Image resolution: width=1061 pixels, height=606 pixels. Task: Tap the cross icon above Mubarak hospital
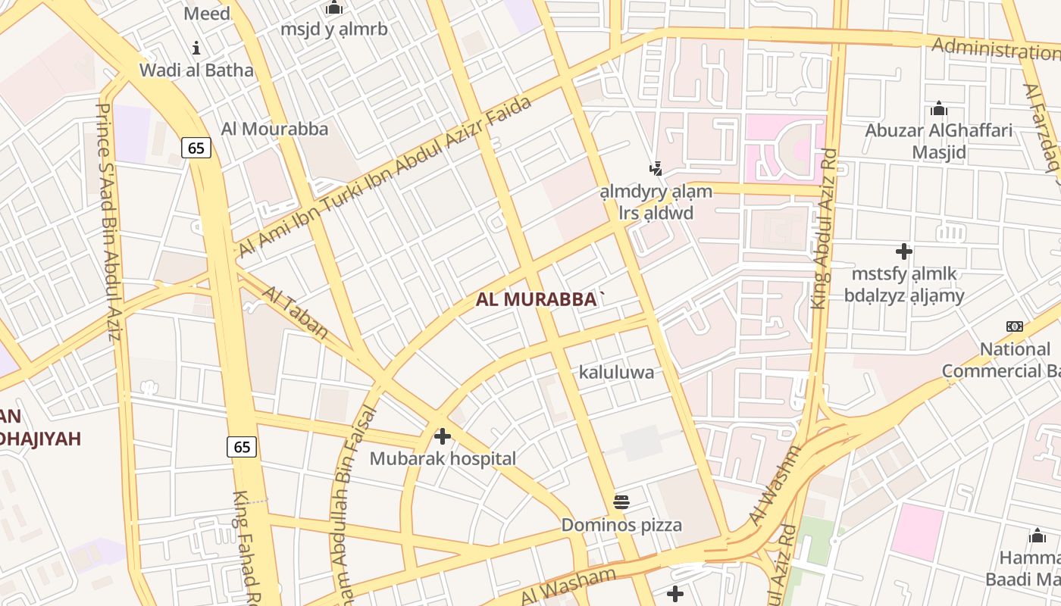(x=443, y=436)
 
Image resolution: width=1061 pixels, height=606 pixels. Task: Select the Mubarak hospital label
(x=443, y=458)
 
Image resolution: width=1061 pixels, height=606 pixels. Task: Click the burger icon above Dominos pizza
(x=621, y=501)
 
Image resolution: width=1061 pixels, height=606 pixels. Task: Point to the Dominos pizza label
(x=621, y=525)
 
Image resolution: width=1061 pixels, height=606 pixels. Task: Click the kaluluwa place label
(x=616, y=372)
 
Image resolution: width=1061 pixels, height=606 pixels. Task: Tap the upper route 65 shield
(x=196, y=148)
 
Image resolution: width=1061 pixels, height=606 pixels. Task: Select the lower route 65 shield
(x=242, y=447)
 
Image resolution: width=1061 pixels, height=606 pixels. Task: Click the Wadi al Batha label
(x=196, y=70)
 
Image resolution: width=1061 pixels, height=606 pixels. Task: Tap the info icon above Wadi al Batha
(x=196, y=48)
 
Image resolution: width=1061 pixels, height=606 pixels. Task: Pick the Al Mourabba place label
(x=275, y=129)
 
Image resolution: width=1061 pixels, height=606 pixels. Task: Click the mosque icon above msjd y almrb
(x=334, y=8)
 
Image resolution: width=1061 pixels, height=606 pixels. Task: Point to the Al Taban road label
(x=296, y=312)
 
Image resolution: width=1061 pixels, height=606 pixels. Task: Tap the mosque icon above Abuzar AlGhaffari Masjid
(x=939, y=108)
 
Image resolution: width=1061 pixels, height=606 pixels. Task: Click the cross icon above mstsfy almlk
(x=903, y=251)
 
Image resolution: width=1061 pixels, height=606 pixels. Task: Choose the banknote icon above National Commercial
(x=1014, y=326)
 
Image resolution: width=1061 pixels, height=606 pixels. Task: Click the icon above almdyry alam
(x=656, y=168)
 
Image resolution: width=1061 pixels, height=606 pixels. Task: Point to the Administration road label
(x=994, y=50)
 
